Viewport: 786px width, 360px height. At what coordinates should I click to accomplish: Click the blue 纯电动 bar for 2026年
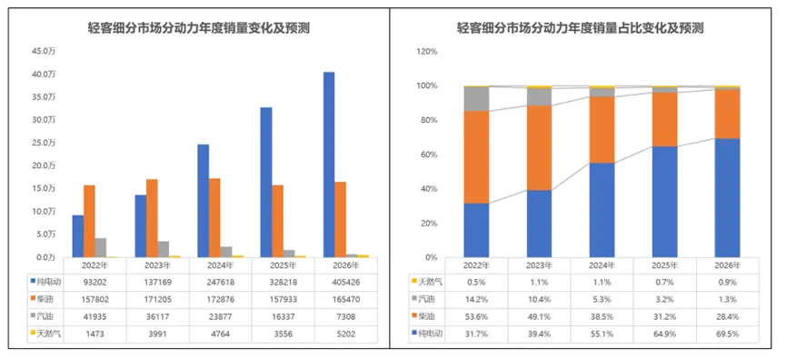328,165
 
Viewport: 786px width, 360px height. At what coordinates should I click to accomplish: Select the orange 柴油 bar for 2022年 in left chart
89,221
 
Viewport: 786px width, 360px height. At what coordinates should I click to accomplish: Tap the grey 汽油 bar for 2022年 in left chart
101,247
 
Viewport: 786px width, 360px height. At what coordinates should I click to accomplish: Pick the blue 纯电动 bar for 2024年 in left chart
203,200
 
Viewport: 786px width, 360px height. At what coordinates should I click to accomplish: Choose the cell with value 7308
342,317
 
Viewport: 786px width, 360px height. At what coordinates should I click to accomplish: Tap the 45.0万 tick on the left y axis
43,51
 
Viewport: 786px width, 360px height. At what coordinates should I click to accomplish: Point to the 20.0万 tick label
43,165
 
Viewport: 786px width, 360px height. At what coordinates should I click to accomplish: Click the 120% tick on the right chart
426,51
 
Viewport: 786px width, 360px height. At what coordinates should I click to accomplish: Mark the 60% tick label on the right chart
429,155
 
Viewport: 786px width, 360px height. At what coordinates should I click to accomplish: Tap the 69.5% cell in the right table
717,334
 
